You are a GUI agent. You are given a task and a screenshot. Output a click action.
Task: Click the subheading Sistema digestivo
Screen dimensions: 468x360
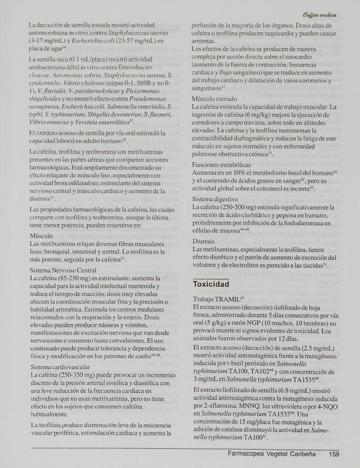click(216, 199)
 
